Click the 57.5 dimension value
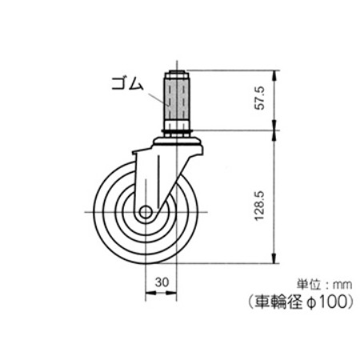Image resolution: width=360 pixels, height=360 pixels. click(x=260, y=98)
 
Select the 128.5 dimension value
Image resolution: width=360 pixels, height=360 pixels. click(x=260, y=206)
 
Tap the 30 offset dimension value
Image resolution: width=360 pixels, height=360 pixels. click(x=162, y=282)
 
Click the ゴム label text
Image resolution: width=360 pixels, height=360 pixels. click(x=127, y=83)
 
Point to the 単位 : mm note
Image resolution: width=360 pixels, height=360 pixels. click(x=324, y=285)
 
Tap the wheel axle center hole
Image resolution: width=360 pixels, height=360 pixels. click(x=146, y=212)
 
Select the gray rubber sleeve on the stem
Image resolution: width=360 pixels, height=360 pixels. click(x=177, y=100)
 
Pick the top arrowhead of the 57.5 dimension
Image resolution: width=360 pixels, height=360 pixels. click(x=274, y=75)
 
